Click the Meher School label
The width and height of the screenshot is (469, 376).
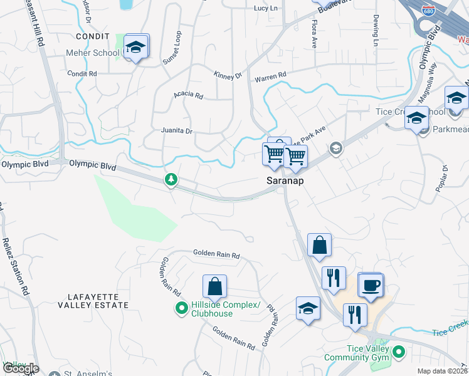click(92, 53)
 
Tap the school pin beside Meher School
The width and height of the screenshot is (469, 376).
click(135, 48)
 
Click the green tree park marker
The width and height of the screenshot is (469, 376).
click(171, 180)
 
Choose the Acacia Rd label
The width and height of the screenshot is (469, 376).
click(189, 96)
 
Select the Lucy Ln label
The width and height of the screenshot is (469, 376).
click(265, 8)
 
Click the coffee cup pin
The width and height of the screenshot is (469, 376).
click(371, 286)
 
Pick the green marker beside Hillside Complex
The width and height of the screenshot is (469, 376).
click(181, 308)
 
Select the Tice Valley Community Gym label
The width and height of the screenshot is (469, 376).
click(356, 353)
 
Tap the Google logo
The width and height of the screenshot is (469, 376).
click(20, 368)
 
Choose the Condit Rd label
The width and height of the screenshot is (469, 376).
click(83, 73)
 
